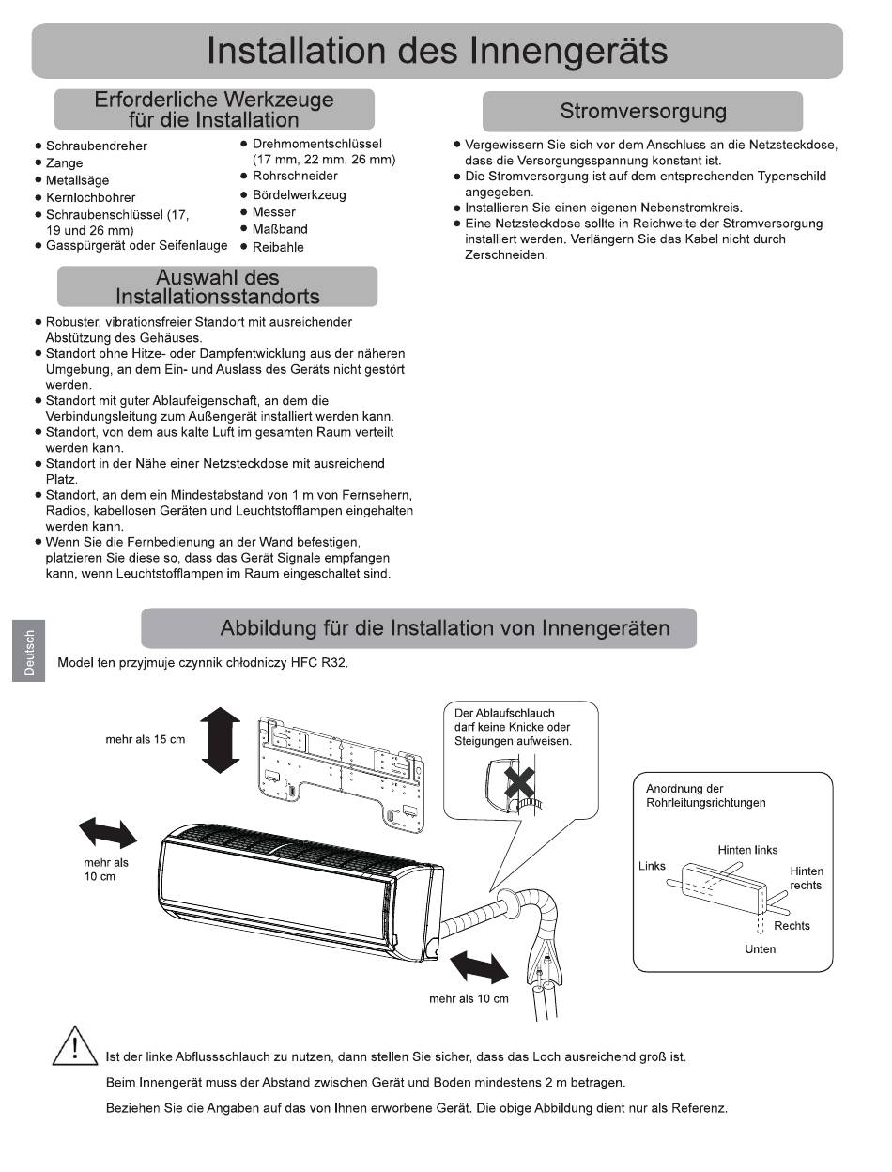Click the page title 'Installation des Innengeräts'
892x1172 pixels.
click(x=438, y=51)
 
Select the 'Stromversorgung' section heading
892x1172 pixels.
click(x=642, y=112)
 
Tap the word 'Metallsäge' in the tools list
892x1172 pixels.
click(x=77, y=180)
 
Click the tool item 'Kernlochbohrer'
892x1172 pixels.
click(x=90, y=197)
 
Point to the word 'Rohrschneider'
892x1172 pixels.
click(x=295, y=176)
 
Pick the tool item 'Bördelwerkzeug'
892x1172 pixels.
click(x=299, y=194)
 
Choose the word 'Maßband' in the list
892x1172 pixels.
click(x=280, y=229)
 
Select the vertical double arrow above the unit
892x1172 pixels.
click(x=221, y=740)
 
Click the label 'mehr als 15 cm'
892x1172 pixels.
click(x=146, y=740)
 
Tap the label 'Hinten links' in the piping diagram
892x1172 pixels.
click(x=747, y=850)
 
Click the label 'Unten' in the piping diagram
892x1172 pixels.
click(x=760, y=948)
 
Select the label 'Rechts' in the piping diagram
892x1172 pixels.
click(x=792, y=925)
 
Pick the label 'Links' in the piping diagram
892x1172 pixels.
click(x=652, y=865)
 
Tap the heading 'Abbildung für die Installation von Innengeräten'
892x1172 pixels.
click(x=444, y=628)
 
